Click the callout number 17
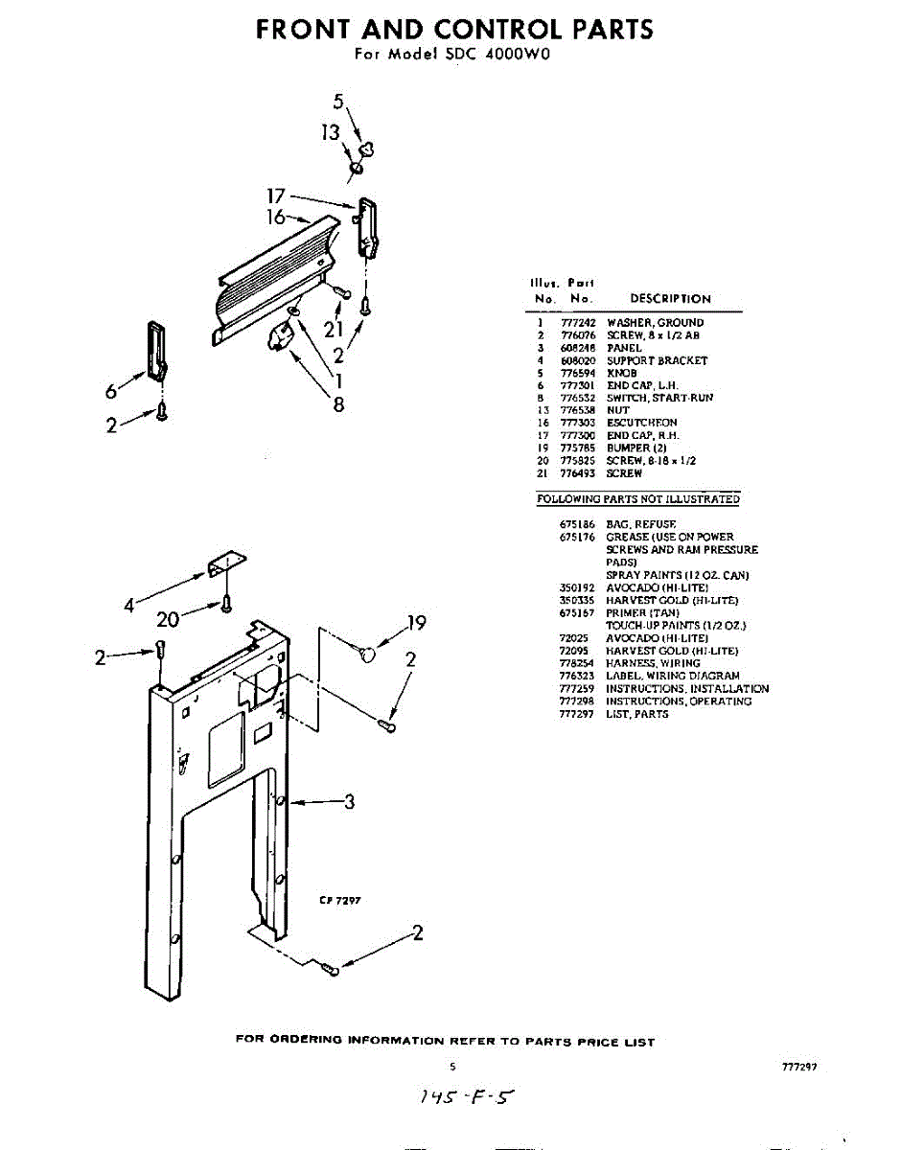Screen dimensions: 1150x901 pos(276,195)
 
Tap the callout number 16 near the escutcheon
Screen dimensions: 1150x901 pos(276,218)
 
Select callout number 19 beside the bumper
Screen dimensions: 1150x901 pos(416,624)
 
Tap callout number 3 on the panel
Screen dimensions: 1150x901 pos(349,801)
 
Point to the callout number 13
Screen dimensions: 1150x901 pos(331,133)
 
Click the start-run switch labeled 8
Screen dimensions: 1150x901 pos(282,337)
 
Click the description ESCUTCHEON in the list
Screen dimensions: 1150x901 pos(641,423)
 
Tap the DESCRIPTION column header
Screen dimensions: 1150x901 pos(670,299)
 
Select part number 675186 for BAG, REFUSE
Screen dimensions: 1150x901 pos(578,524)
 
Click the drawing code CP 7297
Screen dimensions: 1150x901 pos(339,900)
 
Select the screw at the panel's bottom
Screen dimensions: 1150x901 pos(332,970)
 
